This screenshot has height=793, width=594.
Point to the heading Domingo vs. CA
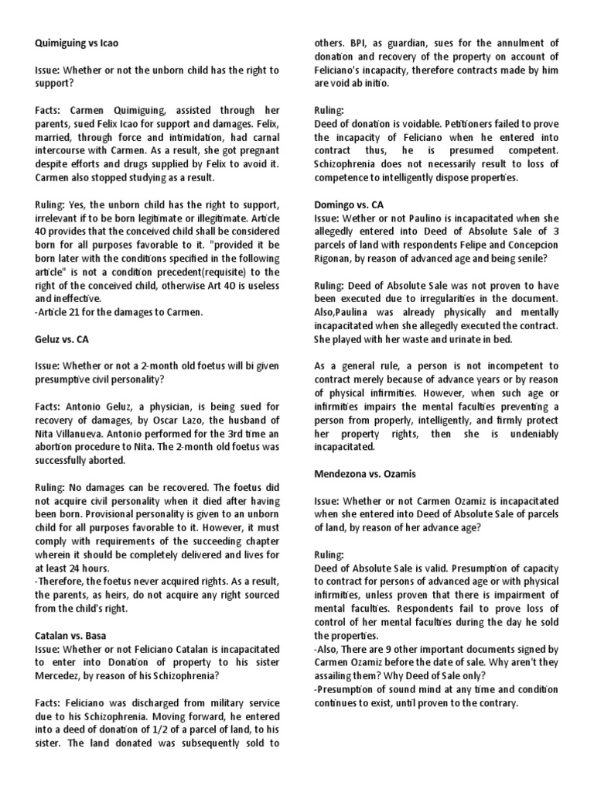pos(350,205)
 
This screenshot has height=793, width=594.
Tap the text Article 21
pos(60,312)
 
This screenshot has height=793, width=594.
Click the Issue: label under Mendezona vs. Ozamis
pos(328,499)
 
